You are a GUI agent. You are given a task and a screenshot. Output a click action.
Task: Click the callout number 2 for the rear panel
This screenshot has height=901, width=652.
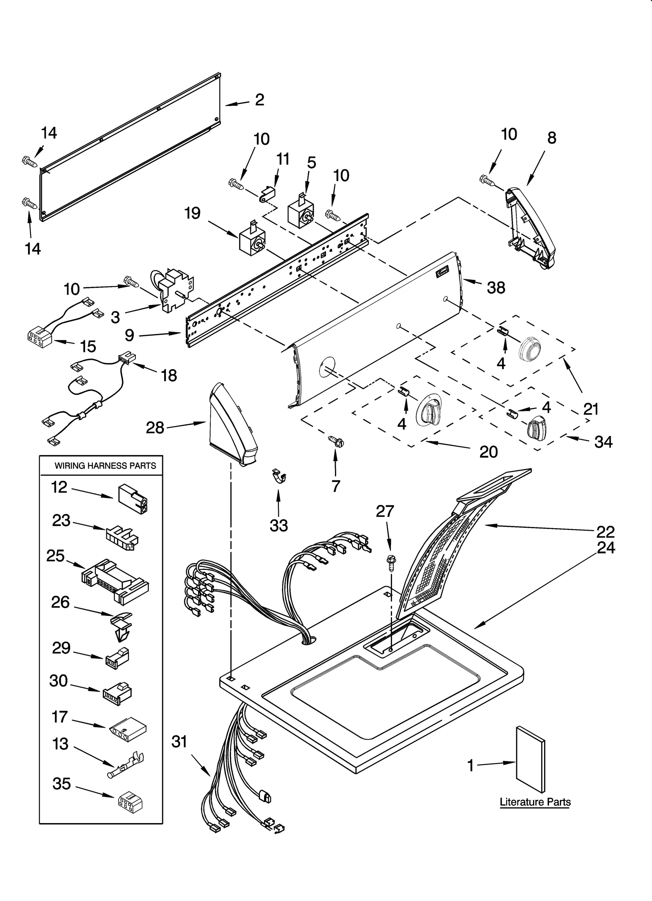tap(260, 100)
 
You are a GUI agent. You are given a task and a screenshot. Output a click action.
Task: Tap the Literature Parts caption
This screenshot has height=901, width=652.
tap(535, 802)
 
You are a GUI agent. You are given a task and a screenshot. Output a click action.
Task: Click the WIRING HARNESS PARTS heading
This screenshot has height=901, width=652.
tap(105, 465)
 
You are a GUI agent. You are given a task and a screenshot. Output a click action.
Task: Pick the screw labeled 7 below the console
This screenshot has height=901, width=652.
tap(336, 441)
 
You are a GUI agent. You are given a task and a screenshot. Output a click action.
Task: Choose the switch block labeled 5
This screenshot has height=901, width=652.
tap(302, 214)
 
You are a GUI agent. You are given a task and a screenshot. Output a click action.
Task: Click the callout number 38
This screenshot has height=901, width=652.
tap(496, 288)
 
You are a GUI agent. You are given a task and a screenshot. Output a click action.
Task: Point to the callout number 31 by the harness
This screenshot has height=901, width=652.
tap(179, 742)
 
